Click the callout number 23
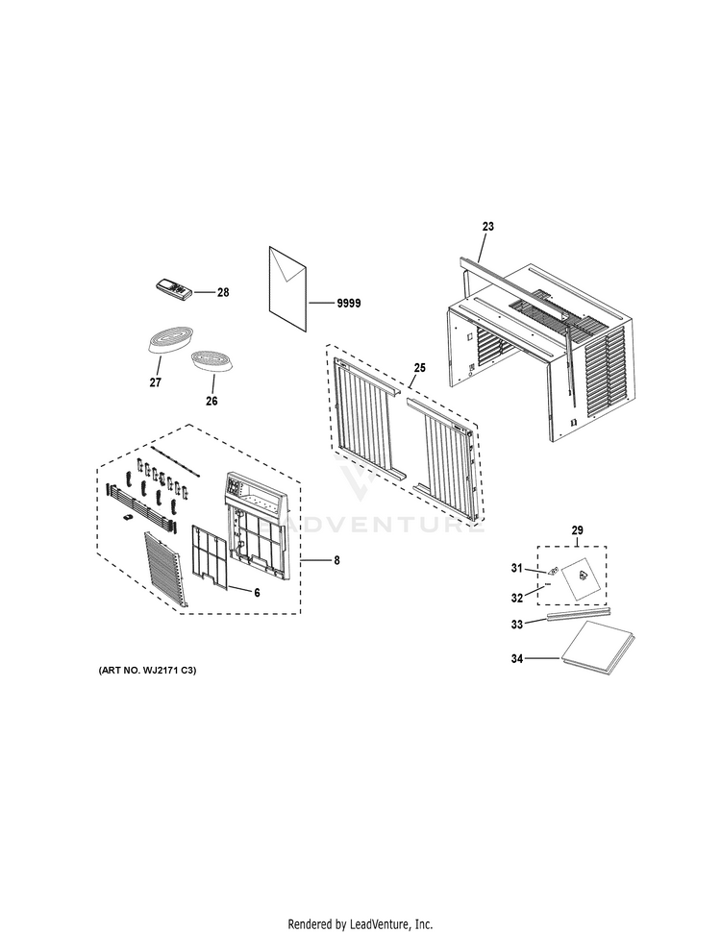[487, 227]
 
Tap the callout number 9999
[349, 304]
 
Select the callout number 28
[223, 292]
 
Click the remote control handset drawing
[174, 288]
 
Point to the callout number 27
[156, 382]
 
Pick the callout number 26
[211, 401]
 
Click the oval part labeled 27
[170, 338]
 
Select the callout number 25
[420, 368]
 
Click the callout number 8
[336, 560]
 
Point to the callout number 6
[257, 593]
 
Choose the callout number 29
[577, 530]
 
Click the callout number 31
[517, 568]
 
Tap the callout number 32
[517, 598]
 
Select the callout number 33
[517, 625]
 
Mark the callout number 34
[517, 659]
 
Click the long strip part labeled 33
[580, 613]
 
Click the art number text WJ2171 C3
[167, 670]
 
